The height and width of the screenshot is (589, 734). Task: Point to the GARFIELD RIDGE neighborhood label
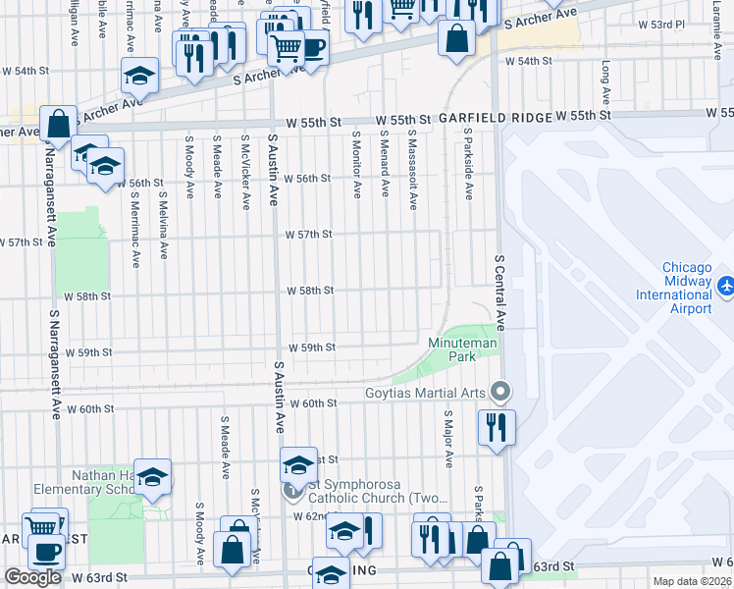(495, 117)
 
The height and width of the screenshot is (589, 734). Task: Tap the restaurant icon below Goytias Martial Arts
(495, 427)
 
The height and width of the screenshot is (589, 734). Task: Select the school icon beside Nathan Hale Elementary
(152, 477)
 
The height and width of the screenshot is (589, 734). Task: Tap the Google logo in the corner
(32, 577)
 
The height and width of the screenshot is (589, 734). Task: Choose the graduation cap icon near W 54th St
(140, 76)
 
